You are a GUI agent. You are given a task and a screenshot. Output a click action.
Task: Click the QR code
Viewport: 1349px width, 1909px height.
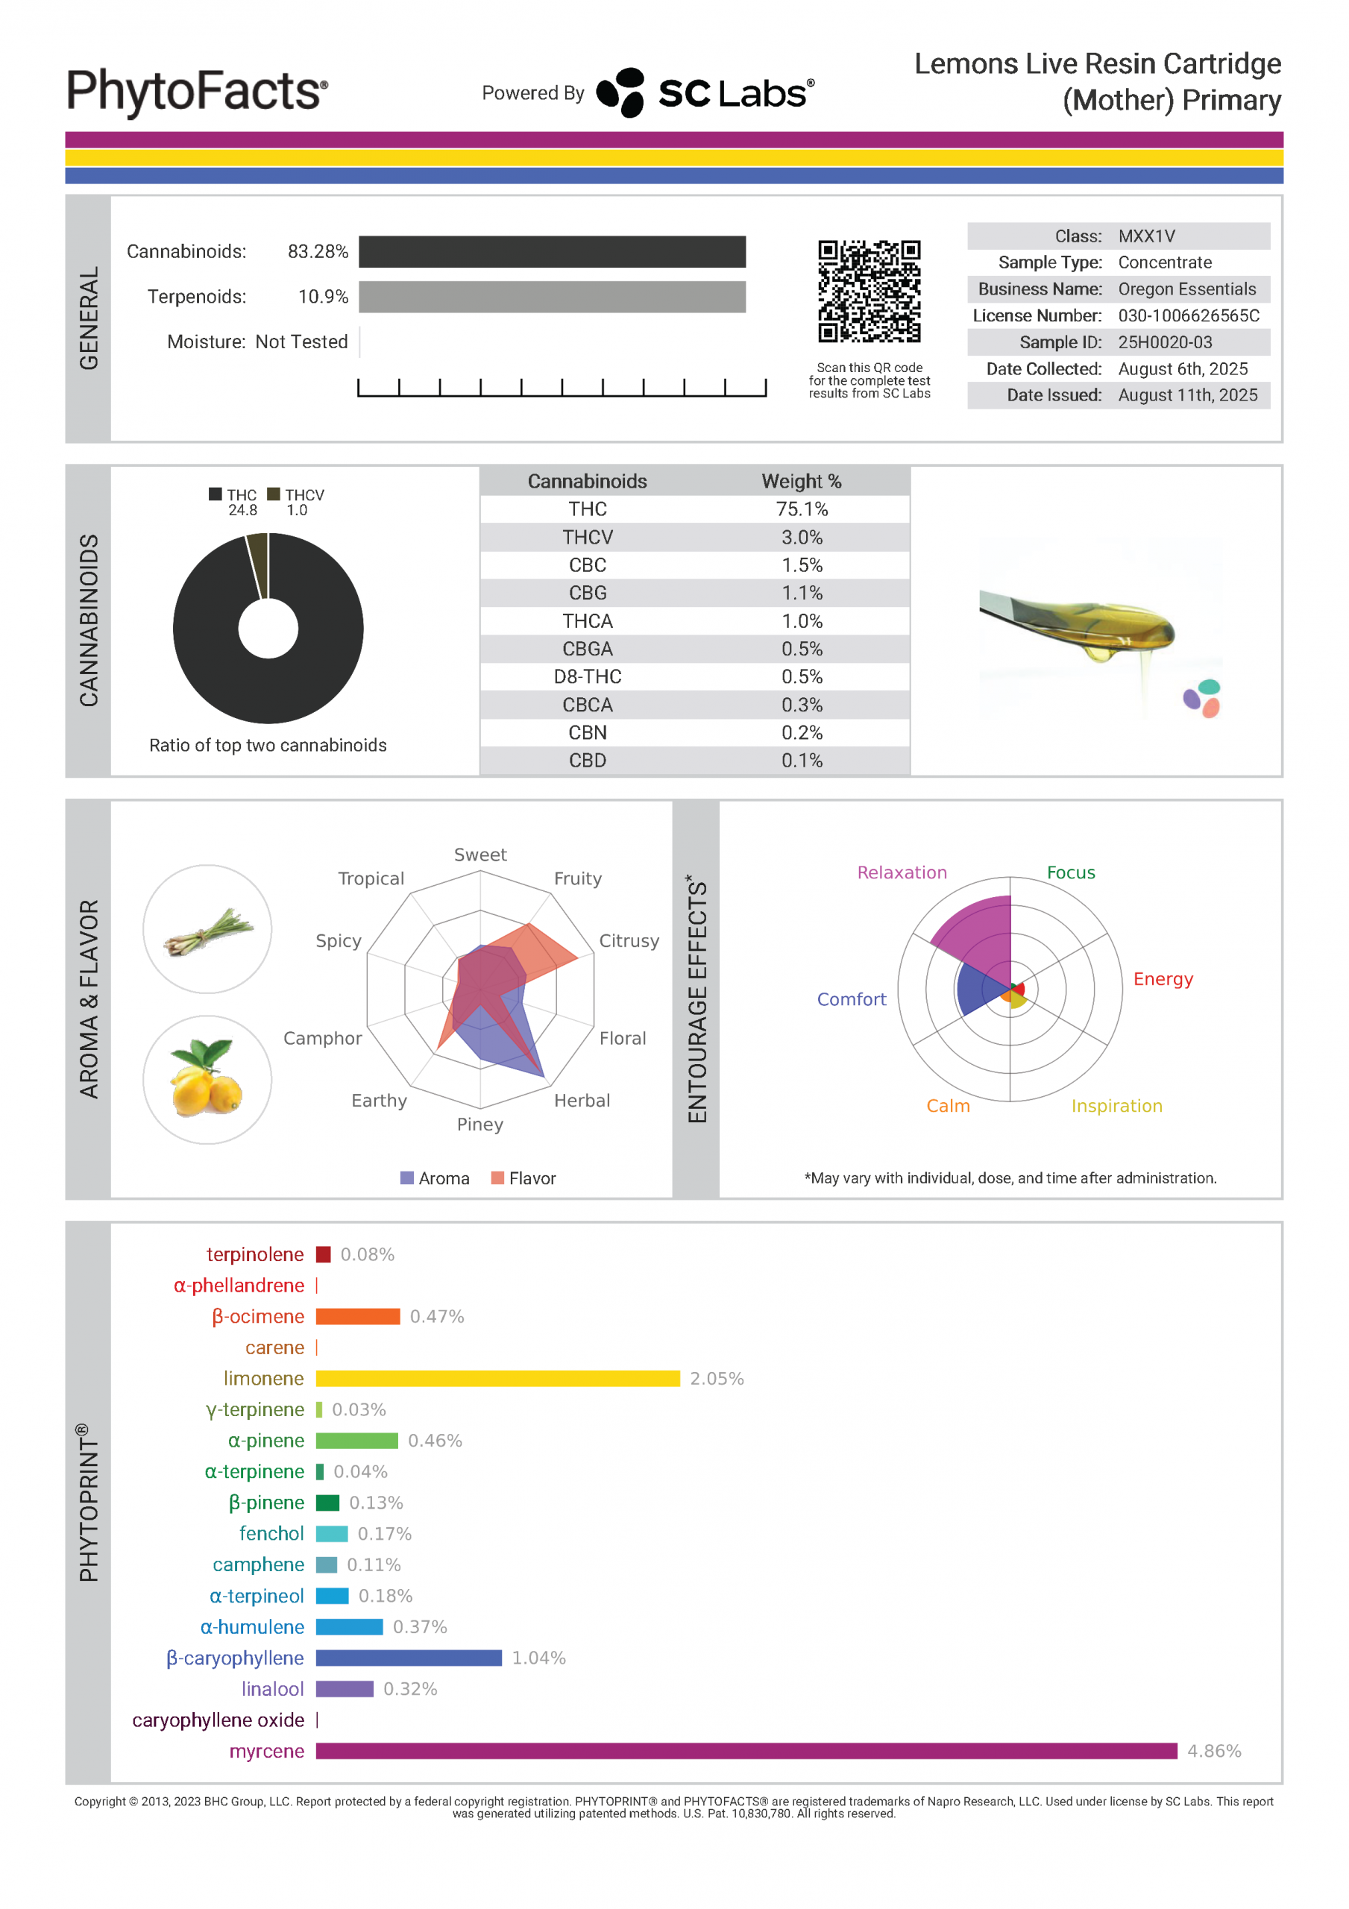point(869,291)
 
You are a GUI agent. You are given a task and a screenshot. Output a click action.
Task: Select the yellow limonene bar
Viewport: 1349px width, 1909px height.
point(497,1379)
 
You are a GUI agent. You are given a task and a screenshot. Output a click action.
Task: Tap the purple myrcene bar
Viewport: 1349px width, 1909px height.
point(746,1751)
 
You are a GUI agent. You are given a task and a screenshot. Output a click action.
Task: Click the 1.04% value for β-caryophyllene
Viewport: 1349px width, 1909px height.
point(539,1658)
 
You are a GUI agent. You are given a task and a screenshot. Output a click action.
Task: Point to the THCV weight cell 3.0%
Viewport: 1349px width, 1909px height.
point(802,537)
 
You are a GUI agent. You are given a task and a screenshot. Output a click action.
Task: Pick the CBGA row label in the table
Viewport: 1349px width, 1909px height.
point(587,649)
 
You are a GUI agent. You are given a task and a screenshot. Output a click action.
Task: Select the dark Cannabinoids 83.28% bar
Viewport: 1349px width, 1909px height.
point(553,252)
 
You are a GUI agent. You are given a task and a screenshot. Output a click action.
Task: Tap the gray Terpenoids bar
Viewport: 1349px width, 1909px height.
point(553,297)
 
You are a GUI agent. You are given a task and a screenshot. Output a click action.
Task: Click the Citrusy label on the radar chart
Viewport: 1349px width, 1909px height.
point(629,940)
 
